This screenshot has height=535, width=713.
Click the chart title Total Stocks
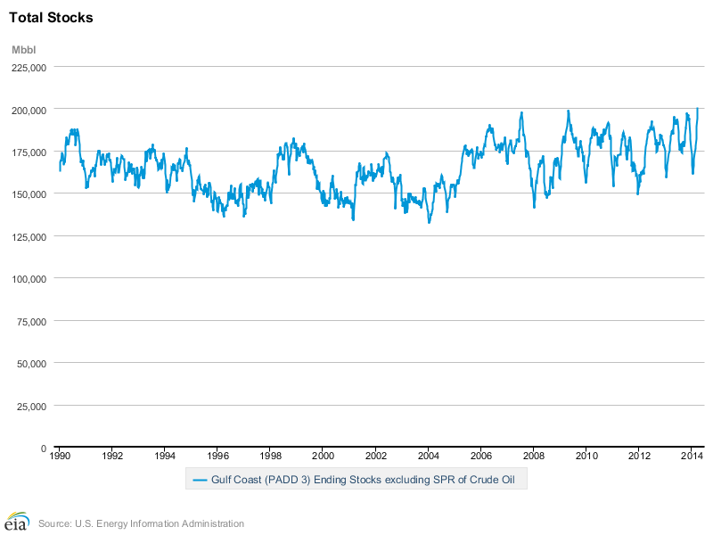click(x=51, y=18)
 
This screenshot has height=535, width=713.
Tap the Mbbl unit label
click(x=24, y=50)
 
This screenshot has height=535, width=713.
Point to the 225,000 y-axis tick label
click(x=29, y=68)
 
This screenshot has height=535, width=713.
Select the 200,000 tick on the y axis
click(x=29, y=111)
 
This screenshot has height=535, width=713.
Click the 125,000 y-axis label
click(x=29, y=237)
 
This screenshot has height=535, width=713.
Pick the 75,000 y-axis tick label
click(x=31, y=322)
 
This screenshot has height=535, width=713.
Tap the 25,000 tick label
click(x=31, y=407)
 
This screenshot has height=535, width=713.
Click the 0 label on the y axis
click(x=44, y=449)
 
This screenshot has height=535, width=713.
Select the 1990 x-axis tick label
click(x=60, y=456)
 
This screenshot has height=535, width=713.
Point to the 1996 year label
click(x=217, y=456)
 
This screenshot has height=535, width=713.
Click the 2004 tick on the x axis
click(x=429, y=456)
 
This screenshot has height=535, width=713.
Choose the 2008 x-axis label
click(x=534, y=456)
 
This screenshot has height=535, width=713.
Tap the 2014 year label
click(x=692, y=456)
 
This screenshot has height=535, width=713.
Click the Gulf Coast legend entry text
click(x=363, y=480)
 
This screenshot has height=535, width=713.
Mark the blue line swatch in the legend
click(x=200, y=480)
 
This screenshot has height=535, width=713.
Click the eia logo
click(x=16, y=522)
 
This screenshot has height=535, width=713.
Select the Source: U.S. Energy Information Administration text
click(x=141, y=523)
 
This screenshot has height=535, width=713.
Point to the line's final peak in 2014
click(x=698, y=108)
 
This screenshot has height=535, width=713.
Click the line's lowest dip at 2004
click(x=429, y=222)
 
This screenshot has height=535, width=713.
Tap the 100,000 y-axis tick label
click(x=29, y=279)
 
